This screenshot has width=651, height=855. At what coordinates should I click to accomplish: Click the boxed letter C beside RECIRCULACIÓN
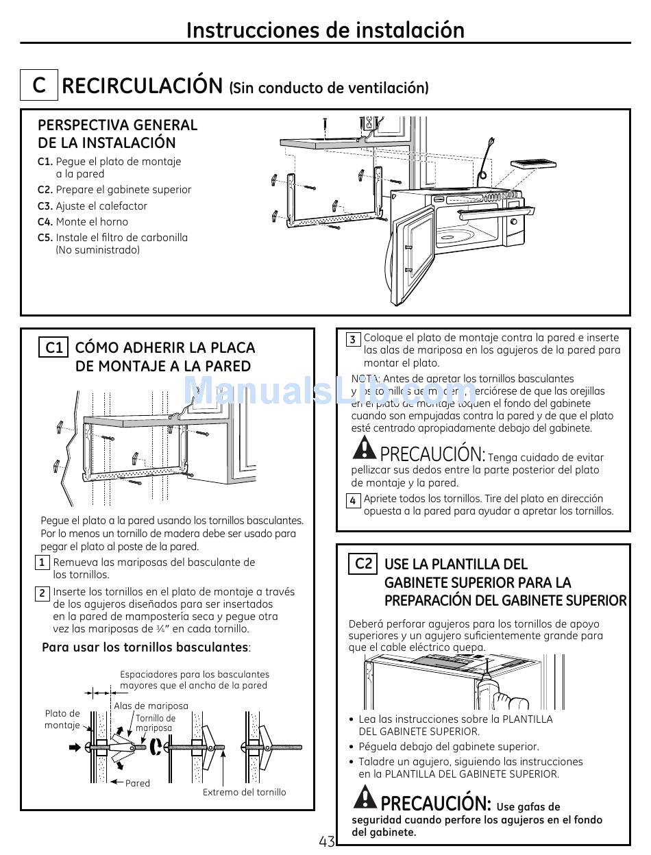point(39,86)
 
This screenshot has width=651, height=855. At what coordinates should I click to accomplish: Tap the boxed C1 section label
point(54,347)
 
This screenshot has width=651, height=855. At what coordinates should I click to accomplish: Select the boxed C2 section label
point(363,564)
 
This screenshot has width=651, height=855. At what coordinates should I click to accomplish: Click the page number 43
point(326,841)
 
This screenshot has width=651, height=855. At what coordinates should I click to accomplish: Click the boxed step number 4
point(352,501)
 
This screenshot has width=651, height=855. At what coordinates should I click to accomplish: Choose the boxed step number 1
point(42,563)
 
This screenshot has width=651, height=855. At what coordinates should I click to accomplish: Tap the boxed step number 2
point(42,593)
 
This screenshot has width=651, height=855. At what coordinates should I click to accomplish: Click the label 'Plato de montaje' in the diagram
point(62,719)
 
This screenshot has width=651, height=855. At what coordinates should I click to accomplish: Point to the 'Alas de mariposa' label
point(151,706)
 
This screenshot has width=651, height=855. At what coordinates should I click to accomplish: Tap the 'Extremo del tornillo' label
point(245,792)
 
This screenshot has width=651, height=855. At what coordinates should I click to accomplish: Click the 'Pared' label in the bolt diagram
point(138,783)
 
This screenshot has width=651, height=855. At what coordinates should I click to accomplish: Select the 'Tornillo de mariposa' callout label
point(156,723)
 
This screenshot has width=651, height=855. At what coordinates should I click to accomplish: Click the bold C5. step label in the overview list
point(45,238)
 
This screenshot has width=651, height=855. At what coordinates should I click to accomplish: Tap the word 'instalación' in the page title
point(410,30)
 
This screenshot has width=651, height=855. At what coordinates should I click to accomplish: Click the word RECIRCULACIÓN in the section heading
point(143,86)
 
